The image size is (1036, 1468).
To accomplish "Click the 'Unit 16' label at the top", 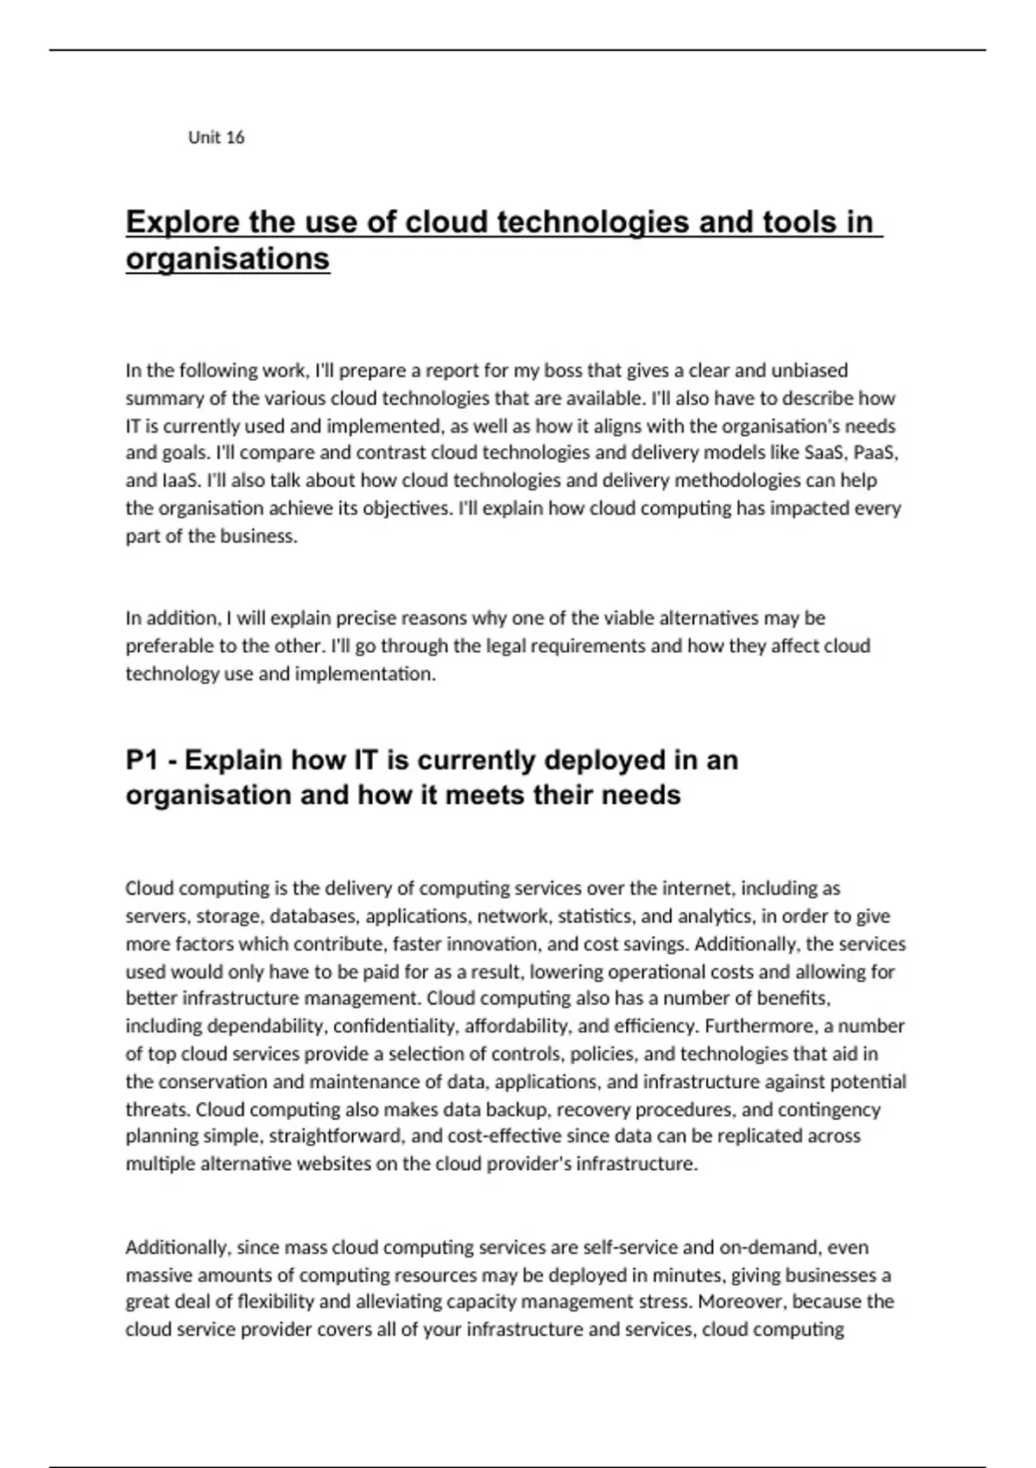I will coord(216,137).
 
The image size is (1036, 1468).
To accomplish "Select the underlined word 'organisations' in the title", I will coord(228,259).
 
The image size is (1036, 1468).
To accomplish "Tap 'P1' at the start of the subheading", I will coord(143,761).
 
